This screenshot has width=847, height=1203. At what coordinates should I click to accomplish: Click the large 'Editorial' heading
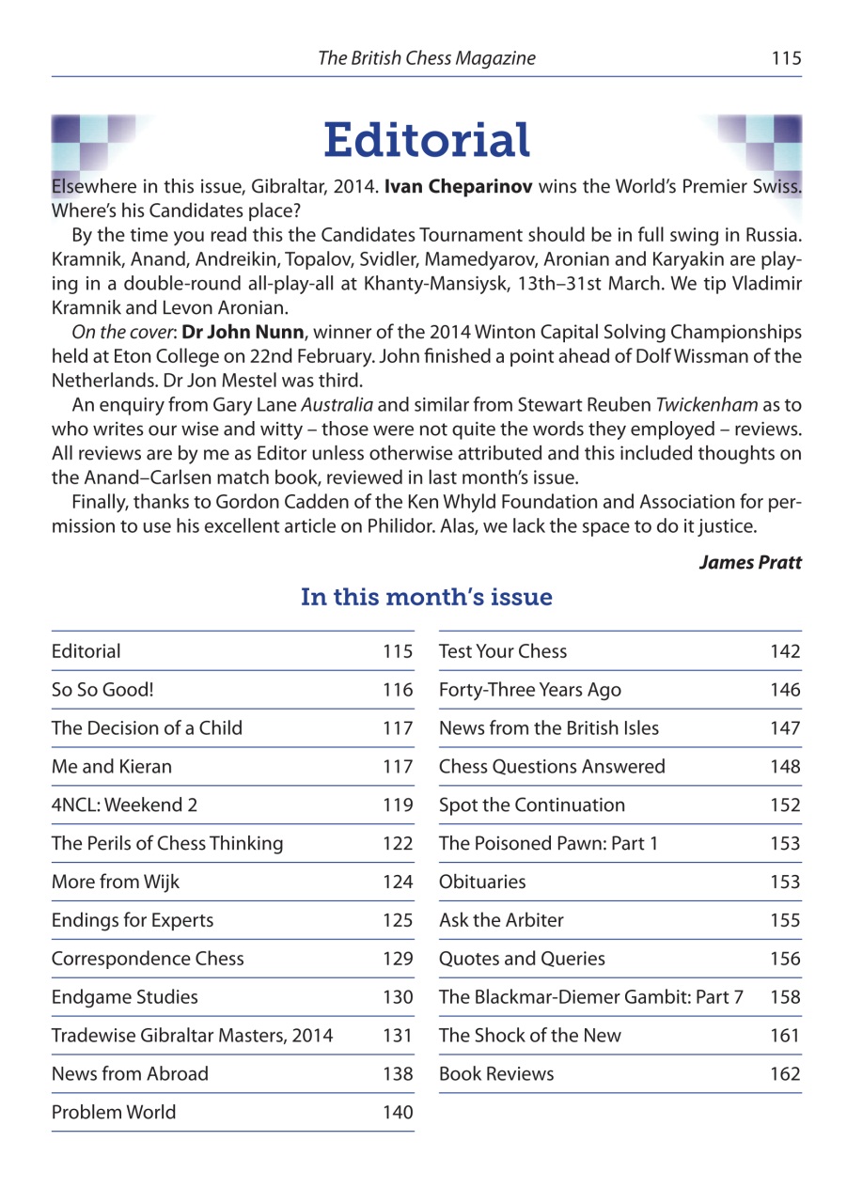(x=427, y=140)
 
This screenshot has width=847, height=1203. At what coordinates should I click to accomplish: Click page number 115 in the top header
(x=786, y=58)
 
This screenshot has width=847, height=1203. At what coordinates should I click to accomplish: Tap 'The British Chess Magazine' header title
(x=427, y=58)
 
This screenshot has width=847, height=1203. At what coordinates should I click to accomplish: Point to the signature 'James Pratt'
(x=750, y=562)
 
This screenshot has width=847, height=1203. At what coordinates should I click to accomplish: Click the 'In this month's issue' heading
(x=426, y=597)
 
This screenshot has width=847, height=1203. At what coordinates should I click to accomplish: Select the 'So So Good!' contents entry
(x=102, y=690)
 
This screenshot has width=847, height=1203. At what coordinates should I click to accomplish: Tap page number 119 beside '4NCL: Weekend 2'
(x=398, y=805)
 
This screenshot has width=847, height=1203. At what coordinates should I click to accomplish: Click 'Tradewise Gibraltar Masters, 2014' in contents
(x=193, y=1036)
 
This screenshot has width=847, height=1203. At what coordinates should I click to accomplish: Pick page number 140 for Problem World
(x=398, y=1113)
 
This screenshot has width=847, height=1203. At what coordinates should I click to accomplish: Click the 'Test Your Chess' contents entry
(x=503, y=651)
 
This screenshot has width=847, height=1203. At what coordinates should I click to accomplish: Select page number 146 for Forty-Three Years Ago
(x=785, y=690)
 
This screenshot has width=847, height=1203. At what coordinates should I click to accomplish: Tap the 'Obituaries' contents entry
(x=482, y=883)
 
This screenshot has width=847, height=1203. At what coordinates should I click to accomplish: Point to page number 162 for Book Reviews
(x=785, y=1074)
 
